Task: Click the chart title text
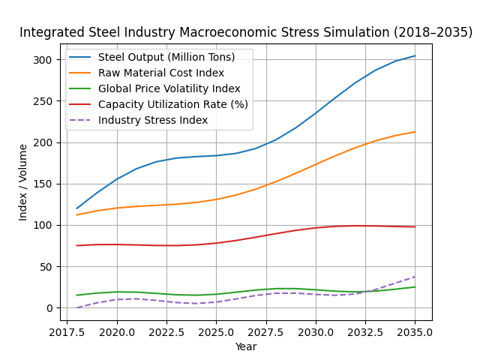246,33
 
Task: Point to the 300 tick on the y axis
43,60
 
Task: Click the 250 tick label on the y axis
43,101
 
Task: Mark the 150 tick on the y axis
43,184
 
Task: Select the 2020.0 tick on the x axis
116,331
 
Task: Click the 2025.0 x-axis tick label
216,331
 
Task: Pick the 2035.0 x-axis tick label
415,331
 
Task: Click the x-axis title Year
246,346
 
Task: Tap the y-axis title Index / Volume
23,182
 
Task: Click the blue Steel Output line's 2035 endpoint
415,55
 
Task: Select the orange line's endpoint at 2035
415,132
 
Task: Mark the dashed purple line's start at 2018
76,307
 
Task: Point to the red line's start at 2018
76,245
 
